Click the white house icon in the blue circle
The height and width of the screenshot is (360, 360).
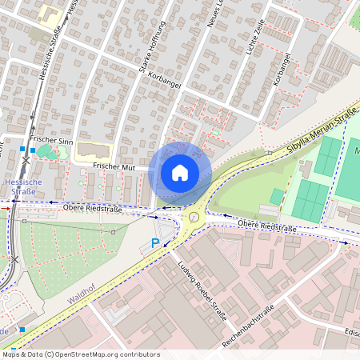point(180,172)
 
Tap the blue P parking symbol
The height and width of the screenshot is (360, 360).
point(155,243)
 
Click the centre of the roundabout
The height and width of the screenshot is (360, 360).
point(193,217)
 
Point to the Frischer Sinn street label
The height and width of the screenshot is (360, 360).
point(51,141)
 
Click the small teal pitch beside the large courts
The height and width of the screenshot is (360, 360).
point(277,197)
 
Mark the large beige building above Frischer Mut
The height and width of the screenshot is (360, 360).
point(94,150)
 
